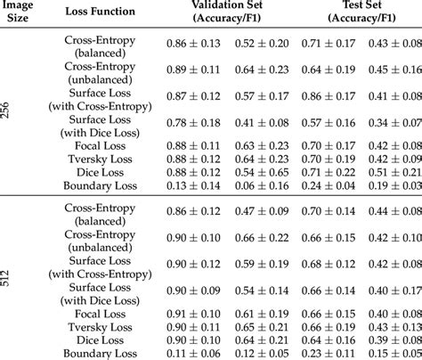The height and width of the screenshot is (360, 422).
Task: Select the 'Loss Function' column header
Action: pyautogui.click(x=98, y=12)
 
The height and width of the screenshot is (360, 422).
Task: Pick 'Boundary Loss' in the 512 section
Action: pyautogui.click(x=98, y=353)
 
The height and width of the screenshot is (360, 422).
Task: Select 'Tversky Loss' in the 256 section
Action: pyautogui.click(x=98, y=160)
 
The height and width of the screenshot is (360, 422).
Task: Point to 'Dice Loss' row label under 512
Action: pyautogui.click(x=98, y=340)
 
